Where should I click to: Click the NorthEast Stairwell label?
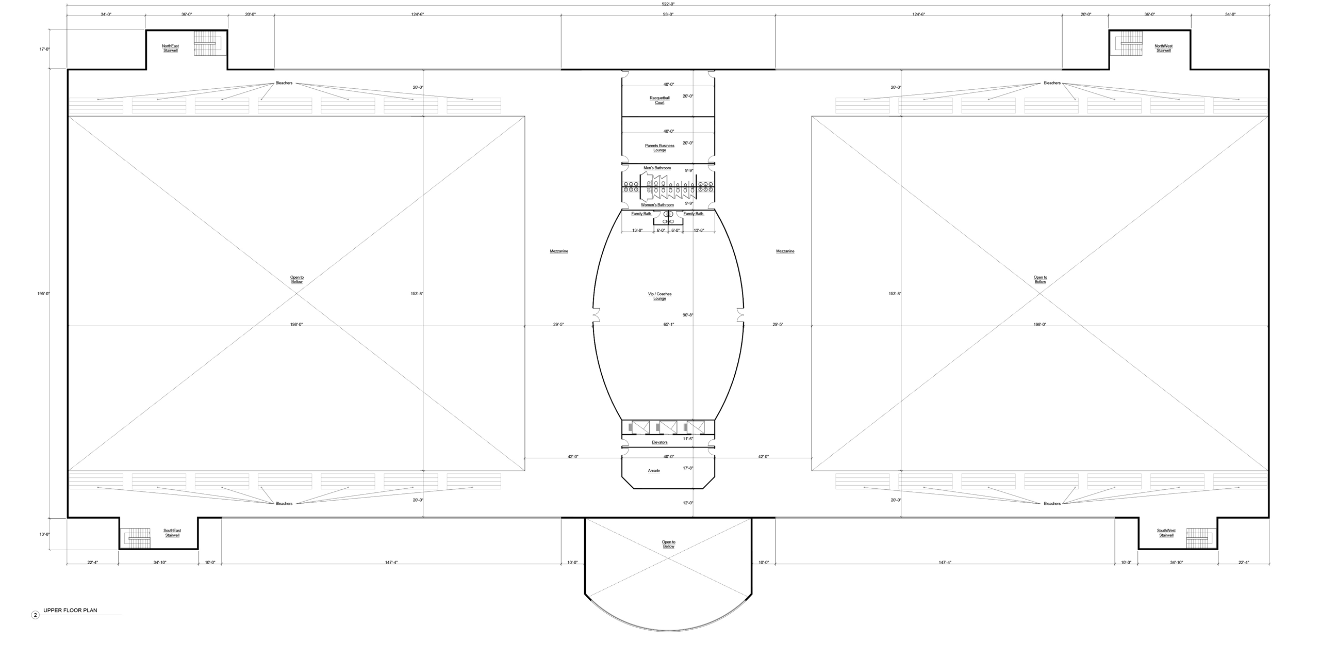(170, 48)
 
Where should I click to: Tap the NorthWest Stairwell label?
(1163, 48)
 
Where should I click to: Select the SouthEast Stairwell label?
(172, 533)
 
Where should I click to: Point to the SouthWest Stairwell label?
(1166, 533)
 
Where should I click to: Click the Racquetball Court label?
(659, 100)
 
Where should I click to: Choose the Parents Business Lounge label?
(659, 148)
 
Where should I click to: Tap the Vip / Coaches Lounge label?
(659, 296)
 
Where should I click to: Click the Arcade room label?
(654, 471)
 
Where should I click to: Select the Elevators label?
(659, 442)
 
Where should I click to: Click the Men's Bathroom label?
(657, 168)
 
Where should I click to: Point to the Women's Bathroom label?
(657, 205)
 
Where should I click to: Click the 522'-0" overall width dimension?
(668, 4)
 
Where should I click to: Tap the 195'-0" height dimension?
(44, 293)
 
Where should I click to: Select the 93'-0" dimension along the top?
(668, 14)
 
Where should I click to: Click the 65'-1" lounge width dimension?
(668, 324)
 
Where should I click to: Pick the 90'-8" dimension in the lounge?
(688, 315)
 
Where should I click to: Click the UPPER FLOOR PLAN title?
(70, 610)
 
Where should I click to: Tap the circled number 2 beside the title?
(35, 615)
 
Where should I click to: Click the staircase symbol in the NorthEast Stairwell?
(207, 43)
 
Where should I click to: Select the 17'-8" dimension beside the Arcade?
(688, 468)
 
